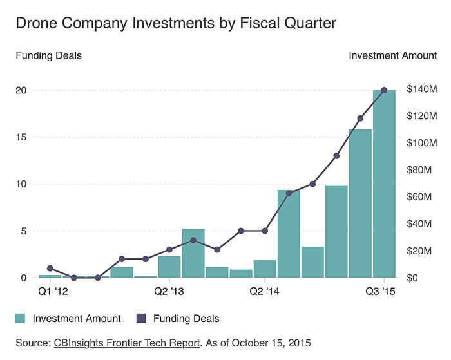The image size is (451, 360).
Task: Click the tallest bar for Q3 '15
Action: click(x=385, y=187)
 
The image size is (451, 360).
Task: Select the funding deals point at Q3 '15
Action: click(x=385, y=90)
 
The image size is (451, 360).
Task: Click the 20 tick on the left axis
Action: click(x=21, y=90)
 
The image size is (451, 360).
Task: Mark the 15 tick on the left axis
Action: click(x=21, y=137)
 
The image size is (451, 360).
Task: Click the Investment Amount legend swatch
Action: click(x=21, y=318)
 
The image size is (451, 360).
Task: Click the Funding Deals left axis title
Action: click(x=48, y=55)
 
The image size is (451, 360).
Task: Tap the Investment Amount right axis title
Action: click(x=392, y=55)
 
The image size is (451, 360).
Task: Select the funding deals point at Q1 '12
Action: click(x=50, y=269)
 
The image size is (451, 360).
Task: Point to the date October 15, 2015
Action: click(x=274, y=342)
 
